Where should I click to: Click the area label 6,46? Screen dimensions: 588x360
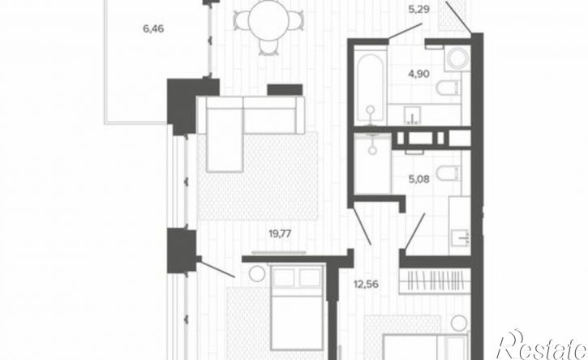tap(153, 28)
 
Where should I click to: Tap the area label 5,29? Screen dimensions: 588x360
tap(418, 9)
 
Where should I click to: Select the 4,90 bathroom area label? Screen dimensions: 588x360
tap(418, 75)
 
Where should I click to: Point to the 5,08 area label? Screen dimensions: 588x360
tap(418, 179)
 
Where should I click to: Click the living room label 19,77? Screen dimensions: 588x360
tap(280, 234)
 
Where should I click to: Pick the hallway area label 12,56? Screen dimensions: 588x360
tap(366, 285)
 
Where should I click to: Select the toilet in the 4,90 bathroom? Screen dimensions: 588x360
tap(448, 88)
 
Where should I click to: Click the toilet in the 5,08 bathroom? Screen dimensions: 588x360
tap(448, 173)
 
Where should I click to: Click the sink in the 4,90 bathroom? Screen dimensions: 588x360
tap(412, 115)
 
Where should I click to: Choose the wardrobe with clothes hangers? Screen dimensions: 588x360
tap(435, 281)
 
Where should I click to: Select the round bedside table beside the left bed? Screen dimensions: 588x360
tap(257, 273)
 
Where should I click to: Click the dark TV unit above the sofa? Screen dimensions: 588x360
tap(285, 90)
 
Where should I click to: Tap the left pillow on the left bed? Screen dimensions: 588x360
tap(283, 278)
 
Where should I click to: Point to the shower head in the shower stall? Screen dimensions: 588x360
tap(372, 150)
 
